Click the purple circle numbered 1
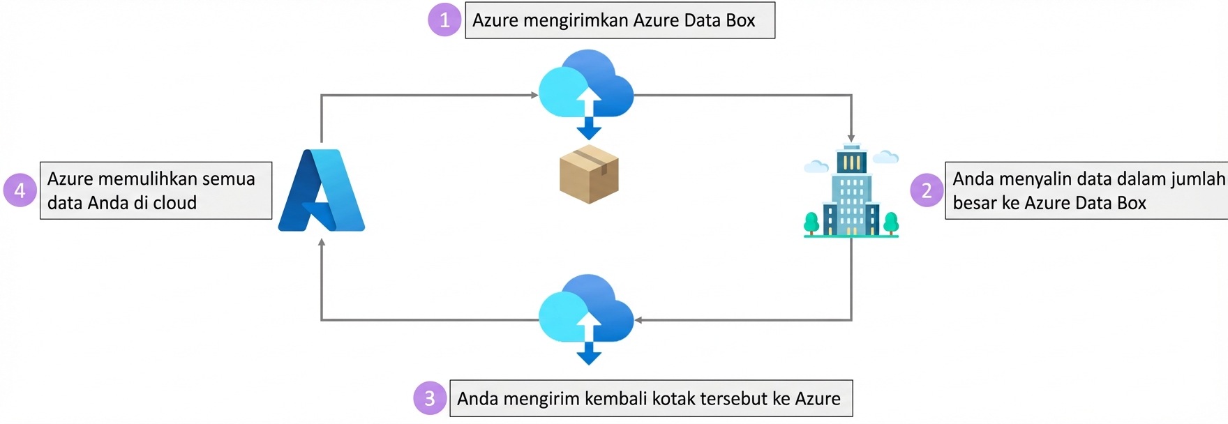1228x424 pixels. pyautogui.click(x=444, y=20)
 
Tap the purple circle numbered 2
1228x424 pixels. pyautogui.click(x=927, y=190)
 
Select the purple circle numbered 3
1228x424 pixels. pyautogui.click(x=430, y=398)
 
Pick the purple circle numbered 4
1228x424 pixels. pyautogui.click(x=20, y=190)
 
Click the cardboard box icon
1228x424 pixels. pyautogui.click(x=589, y=174)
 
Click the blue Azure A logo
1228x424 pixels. pyautogui.click(x=322, y=190)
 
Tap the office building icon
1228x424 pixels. pyautogui.click(x=851, y=192)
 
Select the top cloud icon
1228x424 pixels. pyautogui.click(x=586, y=87)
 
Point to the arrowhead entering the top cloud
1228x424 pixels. pyautogui.click(x=534, y=95)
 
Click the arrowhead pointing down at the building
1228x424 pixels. pyautogui.click(x=851, y=138)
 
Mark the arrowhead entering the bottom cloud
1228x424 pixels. pyautogui.click(x=638, y=320)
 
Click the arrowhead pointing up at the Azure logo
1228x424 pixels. pyautogui.click(x=322, y=242)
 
